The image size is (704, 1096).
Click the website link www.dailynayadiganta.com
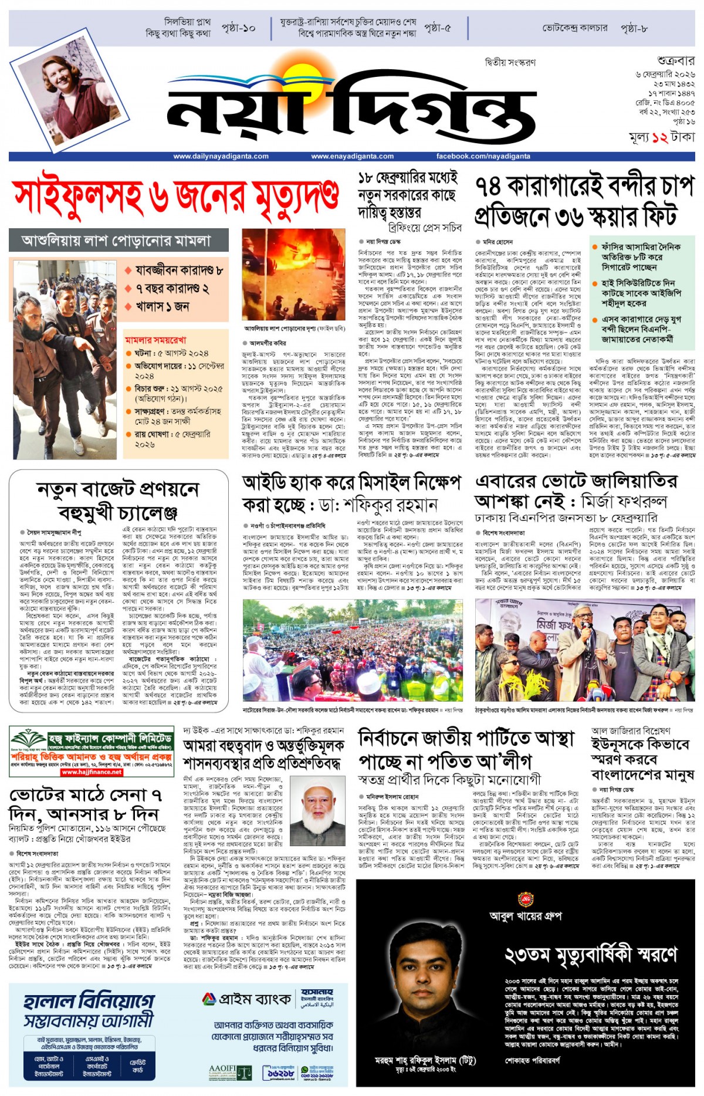(x=221, y=156)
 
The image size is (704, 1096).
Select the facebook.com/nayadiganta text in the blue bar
(x=483, y=156)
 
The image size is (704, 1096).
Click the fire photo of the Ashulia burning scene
(x=293, y=275)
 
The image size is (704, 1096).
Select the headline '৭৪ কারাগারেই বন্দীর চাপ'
(x=584, y=187)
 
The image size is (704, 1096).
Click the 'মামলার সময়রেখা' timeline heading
(x=155, y=340)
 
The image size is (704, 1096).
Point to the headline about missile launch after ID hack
(x=351, y=493)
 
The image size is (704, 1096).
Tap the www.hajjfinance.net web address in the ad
(x=92, y=772)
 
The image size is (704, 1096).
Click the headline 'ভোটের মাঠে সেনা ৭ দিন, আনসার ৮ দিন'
(x=86, y=805)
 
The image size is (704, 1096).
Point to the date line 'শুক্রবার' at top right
(x=675, y=60)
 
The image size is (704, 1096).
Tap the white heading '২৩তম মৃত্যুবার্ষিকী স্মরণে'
(x=591, y=955)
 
